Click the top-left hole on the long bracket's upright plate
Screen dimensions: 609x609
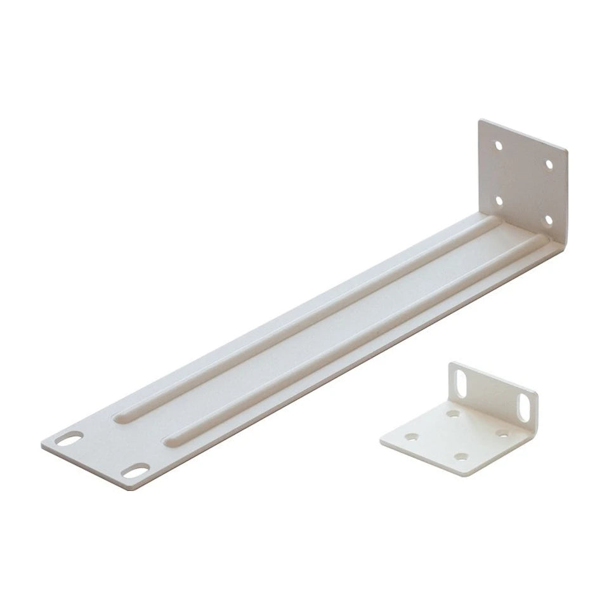tap(499, 145)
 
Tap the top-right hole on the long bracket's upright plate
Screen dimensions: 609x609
tap(549, 165)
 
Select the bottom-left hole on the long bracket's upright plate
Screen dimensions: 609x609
tap(499, 200)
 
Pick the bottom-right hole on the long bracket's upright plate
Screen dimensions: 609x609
tap(547, 220)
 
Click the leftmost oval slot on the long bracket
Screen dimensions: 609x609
tap(71, 439)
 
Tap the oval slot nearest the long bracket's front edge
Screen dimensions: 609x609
tap(137, 471)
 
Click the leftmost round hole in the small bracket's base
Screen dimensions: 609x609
tap(413, 437)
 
